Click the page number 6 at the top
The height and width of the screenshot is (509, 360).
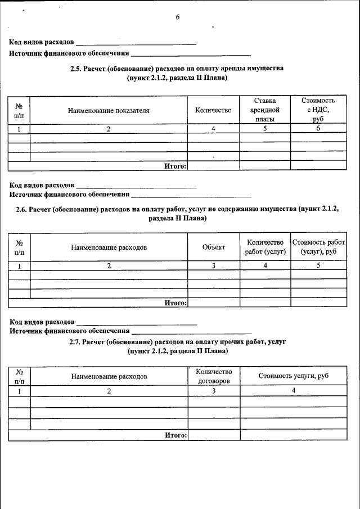coord(177,17)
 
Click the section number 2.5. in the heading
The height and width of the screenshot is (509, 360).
coord(76,68)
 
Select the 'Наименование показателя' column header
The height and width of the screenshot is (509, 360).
coord(109,111)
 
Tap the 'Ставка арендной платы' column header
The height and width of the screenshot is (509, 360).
coord(264,110)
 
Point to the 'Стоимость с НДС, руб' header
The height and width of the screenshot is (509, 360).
coord(318,110)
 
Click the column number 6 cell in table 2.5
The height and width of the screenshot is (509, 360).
coord(318,129)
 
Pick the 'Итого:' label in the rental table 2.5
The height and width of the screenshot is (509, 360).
coord(175,166)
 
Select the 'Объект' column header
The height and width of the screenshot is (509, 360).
coord(213,247)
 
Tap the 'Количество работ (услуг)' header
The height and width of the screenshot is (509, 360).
coord(265,247)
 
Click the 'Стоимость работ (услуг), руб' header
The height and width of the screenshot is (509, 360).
coord(318,247)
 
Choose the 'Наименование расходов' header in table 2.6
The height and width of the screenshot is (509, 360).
coord(109,247)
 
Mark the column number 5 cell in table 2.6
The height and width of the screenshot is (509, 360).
coord(318,266)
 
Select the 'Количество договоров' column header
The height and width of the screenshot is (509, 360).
coord(214,376)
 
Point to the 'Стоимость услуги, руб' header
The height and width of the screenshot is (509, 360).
coord(293,376)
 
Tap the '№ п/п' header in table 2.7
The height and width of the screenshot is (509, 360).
coord(19,376)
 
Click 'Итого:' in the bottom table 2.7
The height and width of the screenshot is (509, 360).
coord(175,435)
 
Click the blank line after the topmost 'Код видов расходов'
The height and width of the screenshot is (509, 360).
coord(136,43)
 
